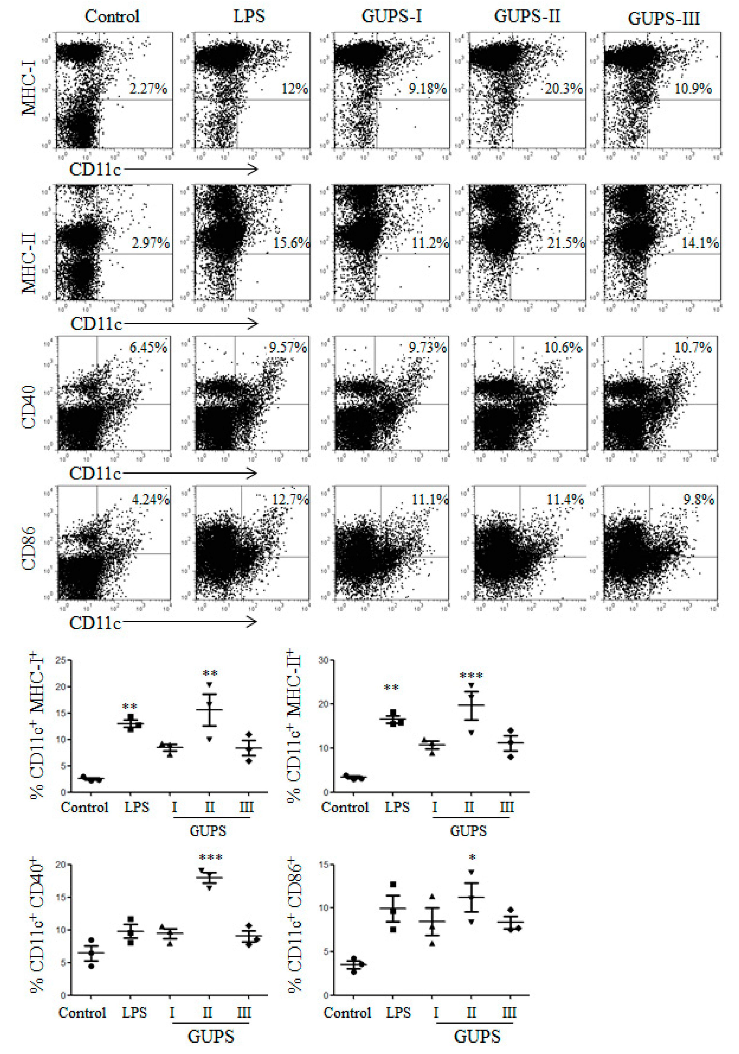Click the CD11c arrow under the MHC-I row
point(190,169)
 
